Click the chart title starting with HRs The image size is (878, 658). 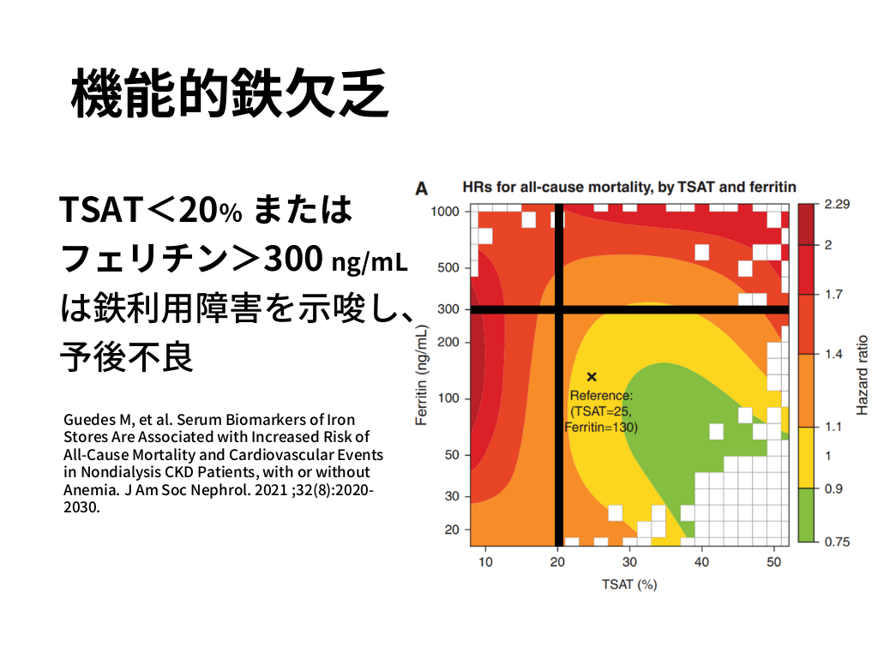click(x=629, y=186)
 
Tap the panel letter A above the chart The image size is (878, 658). click(x=422, y=187)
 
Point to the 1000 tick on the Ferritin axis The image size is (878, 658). click(x=443, y=212)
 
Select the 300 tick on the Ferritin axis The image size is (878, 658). click(x=450, y=309)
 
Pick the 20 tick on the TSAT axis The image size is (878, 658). click(x=558, y=562)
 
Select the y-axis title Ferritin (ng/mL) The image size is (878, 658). click(x=422, y=379)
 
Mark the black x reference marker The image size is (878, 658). click(x=592, y=376)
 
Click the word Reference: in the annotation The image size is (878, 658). click(x=601, y=395)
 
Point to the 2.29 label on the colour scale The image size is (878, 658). click(x=835, y=205)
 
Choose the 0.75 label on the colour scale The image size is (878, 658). click(x=835, y=542)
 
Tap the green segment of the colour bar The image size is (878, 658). click(x=805, y=515)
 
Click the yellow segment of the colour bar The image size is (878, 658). click(x=805, y=457)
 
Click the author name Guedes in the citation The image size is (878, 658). click(x=88, y=420)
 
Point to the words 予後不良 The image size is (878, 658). click(x=126, y=357)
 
